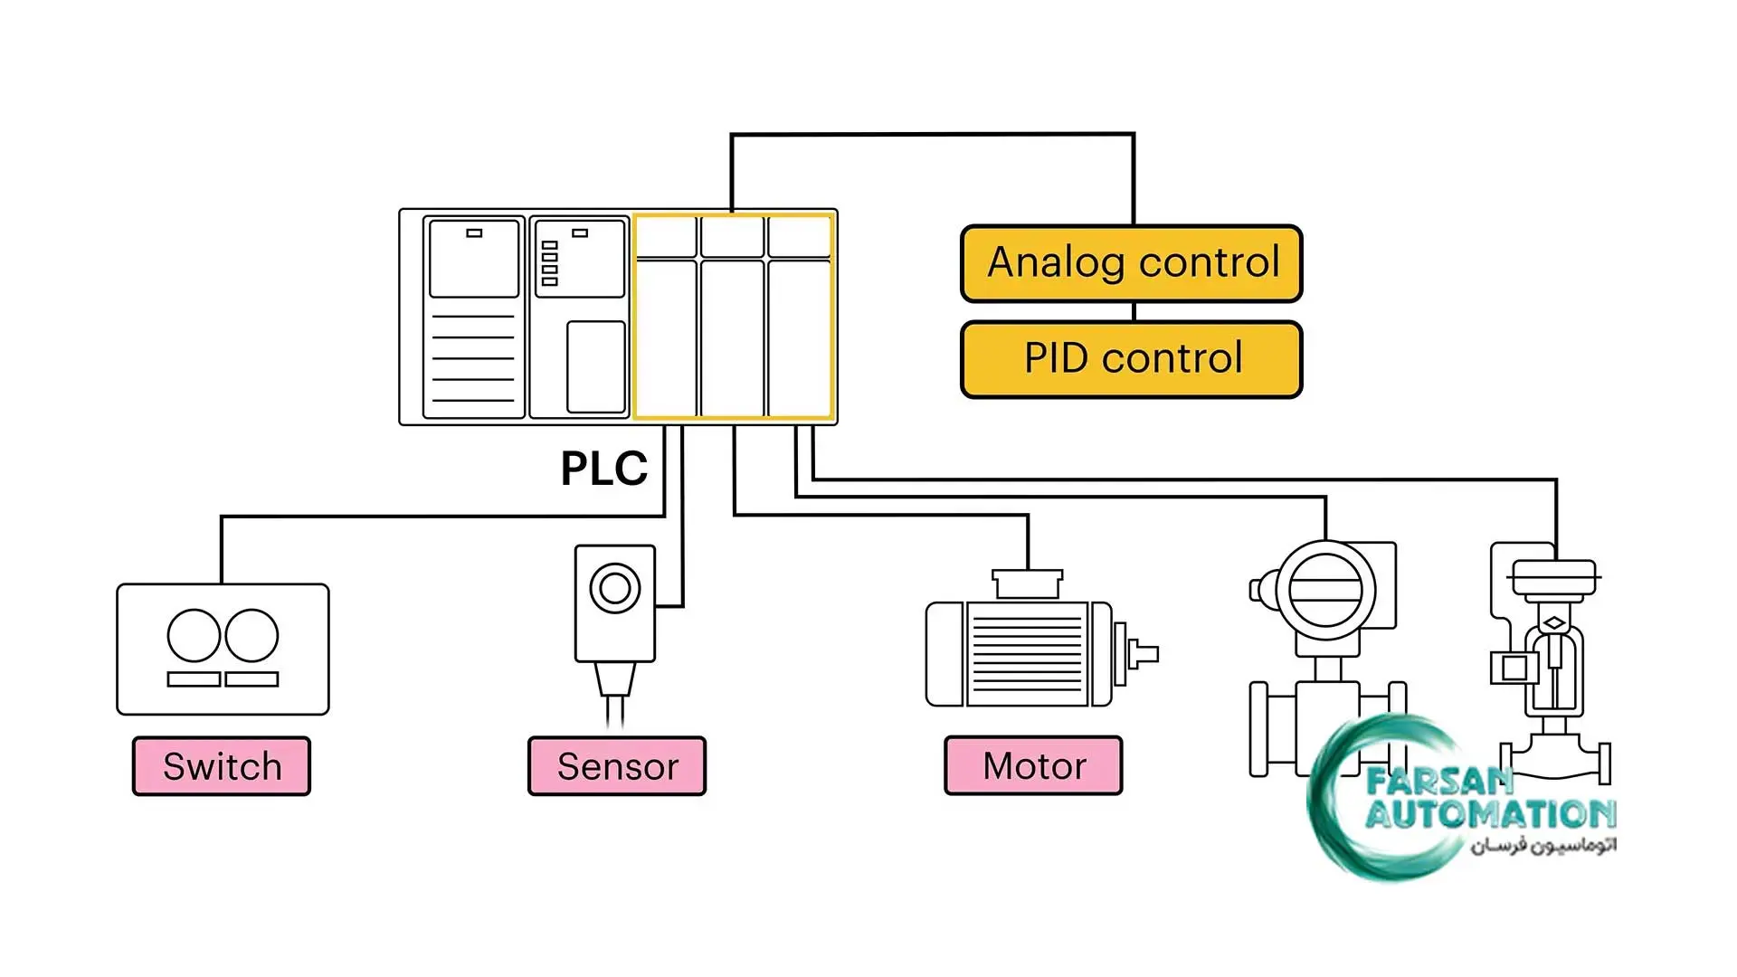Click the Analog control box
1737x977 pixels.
point(1131,263)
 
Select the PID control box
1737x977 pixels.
point(1131,359)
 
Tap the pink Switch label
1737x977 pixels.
point(222,766)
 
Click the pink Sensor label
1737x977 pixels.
point(617,766)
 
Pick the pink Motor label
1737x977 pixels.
point(1033,766)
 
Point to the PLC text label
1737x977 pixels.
point(603,469)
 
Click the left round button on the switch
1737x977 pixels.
point(194,635)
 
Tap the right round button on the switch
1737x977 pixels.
point(252,635)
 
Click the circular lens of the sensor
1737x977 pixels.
point(615,588)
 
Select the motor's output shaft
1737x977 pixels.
point(1144,653)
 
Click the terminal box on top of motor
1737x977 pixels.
point(1028,583)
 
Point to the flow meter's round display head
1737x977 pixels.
point(1325,590)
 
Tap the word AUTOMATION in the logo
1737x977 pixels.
point(1490,814)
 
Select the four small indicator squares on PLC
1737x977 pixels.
point(549,263)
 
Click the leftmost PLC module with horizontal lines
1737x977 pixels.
point(474,317)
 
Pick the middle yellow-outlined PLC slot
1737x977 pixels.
point(733,317)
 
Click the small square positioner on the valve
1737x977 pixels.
point(1514,669)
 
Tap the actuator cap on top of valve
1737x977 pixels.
point(1553,576)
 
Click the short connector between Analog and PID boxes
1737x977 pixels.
point(1134,312)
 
